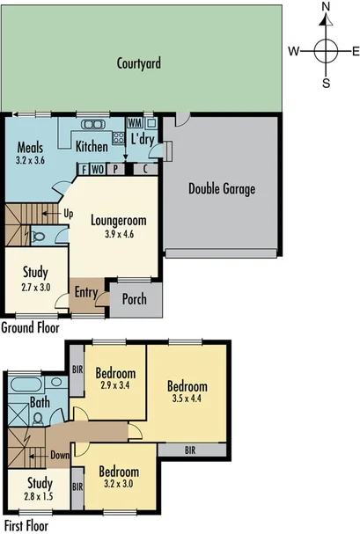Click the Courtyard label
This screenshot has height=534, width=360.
point(142,63)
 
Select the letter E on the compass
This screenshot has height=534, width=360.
point(355,51)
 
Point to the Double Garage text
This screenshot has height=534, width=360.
point(222,188)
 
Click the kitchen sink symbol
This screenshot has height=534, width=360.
point(93,124)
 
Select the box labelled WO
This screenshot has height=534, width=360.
point(99,169)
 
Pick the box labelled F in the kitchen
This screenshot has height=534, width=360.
point(84,169)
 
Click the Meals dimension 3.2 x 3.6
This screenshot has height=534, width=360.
point(32,162)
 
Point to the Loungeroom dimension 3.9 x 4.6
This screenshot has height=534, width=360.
point(117,235)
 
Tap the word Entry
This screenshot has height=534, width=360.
point(86,293)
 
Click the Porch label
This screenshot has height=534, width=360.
point(134,298)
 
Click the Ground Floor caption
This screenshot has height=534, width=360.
point(30,327)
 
